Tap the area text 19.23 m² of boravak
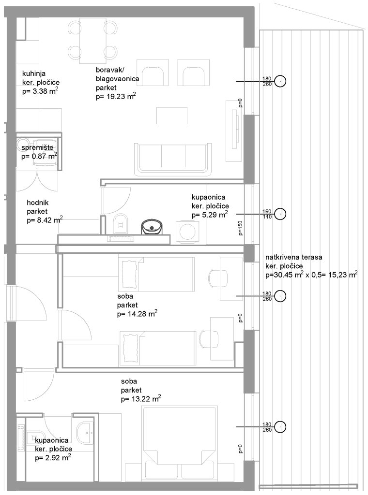click(x=116, y=96)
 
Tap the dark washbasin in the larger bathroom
click(x=152, y=227)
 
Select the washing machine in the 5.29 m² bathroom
click(x=187, y=232)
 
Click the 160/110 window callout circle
click(x=280, y=214)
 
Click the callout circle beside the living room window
click(x=280, y=81)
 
